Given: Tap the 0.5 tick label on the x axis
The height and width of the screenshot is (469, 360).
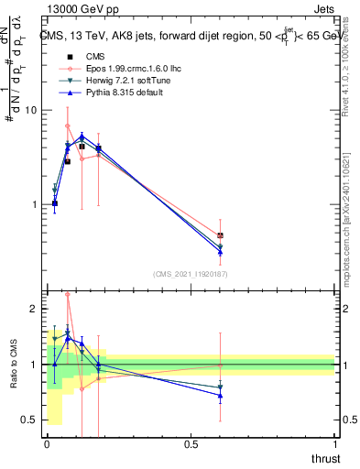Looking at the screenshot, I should (191, 443).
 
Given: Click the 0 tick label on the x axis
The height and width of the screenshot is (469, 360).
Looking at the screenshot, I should (47, 443).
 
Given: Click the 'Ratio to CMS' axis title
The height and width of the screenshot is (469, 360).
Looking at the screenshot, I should (13, 365).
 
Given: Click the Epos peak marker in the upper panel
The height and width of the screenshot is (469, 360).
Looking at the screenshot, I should (68, 126).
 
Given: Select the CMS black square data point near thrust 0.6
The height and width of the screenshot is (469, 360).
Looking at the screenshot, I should (220, 235).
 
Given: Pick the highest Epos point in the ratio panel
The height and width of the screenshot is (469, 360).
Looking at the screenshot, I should (68, 295).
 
